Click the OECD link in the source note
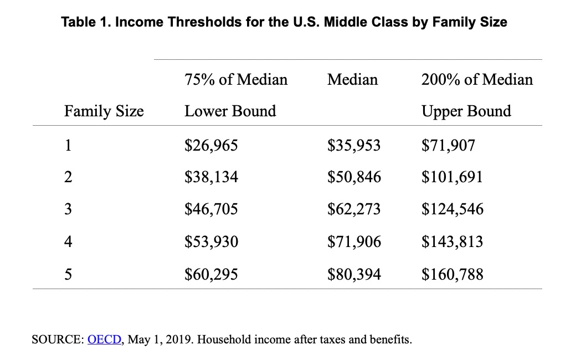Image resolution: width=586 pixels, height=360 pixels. coord(104,340)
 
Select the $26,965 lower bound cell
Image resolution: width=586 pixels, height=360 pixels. coord(211,146)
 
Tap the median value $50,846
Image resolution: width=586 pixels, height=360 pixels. coord(354,177)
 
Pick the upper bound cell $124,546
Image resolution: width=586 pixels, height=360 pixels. coord(452,209)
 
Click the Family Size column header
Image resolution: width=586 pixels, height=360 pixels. coord(104,111)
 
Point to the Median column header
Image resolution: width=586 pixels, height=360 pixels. coord(353,79)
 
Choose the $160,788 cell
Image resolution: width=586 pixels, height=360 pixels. coord(452,274)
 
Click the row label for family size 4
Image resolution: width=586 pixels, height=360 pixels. coord(68,241)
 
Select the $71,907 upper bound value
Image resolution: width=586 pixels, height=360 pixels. coord(448,146)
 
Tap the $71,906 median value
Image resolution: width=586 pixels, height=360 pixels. coord(354,241)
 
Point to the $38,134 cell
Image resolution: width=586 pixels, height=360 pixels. coord(211,177)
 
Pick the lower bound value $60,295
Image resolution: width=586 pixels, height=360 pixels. coord(211,274)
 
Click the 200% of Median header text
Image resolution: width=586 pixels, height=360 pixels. coord(477,79)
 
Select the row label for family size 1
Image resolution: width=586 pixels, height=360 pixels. coord(68,146)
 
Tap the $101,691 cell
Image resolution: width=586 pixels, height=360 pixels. coord(452,177)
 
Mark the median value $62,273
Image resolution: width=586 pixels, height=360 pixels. coord(354,209)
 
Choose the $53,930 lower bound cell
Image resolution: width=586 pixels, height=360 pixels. coord(211,241)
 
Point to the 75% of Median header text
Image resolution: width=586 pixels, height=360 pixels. coord(236,79)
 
